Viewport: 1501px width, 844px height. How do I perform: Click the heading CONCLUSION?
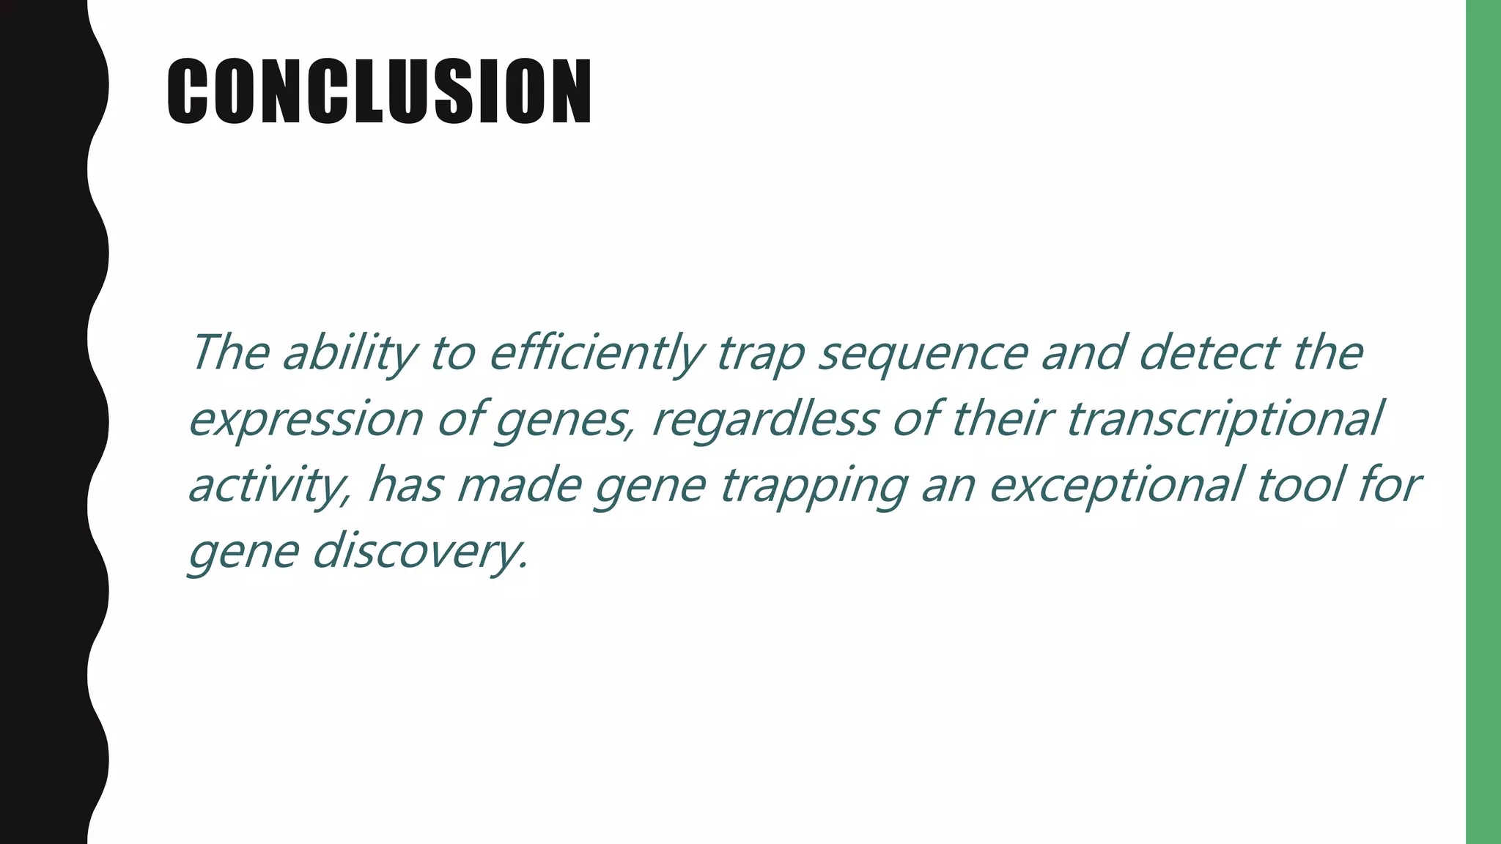[379, 92]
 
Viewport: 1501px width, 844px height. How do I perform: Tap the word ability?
[349, 354]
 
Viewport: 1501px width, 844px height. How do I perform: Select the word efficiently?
[595, 354]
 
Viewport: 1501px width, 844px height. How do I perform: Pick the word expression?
[306, 421]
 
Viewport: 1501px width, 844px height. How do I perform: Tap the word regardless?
[764, 421]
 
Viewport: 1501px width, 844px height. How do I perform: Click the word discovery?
[420, 551]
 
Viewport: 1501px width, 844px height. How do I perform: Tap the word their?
[1001, 419]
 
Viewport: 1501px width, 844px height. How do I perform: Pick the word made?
[519, 485]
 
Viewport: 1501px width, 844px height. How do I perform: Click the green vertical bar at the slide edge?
[1483, 422]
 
